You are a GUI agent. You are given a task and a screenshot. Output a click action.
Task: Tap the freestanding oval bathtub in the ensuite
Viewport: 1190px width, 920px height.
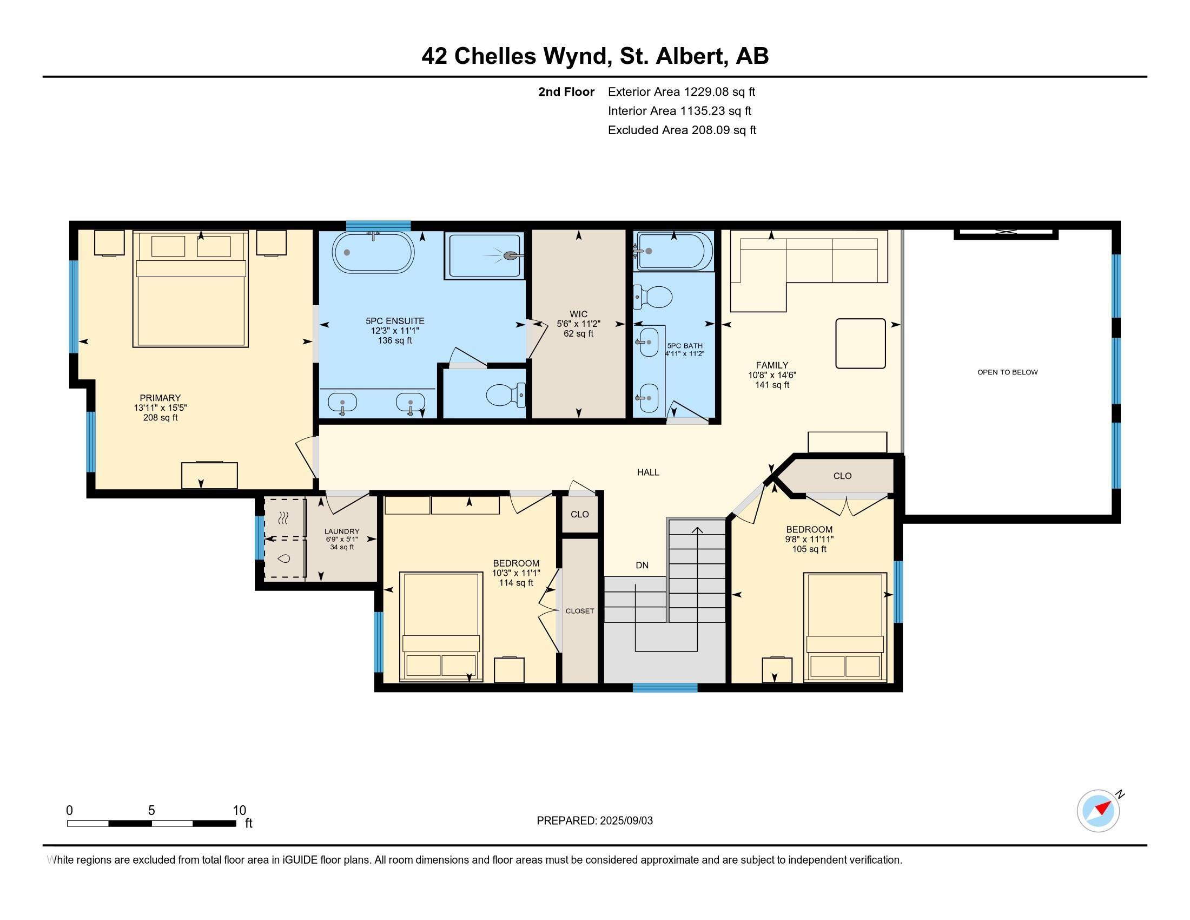pos(373,252)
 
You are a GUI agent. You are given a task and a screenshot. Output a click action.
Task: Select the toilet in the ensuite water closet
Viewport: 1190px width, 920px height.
pos(506,394)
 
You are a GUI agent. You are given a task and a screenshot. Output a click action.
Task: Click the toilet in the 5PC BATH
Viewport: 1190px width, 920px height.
pos(653,297)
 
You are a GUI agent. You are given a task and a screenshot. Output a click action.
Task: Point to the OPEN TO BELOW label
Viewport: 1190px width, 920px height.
pos(1008,372)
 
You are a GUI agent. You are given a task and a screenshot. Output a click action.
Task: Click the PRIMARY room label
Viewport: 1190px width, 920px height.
pos(160,398)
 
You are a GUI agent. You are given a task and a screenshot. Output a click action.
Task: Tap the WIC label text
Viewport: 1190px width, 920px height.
pos(579,314)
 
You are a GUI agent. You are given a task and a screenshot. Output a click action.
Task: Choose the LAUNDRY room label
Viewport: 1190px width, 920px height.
pos(342,531)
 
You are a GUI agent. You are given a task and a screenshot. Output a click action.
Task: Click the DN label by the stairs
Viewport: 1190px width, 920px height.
pos(643,565)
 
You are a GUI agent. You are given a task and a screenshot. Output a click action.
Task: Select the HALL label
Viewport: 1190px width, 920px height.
pos(649,472)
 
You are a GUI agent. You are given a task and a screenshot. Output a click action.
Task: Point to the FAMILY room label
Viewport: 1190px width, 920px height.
pos(772,365)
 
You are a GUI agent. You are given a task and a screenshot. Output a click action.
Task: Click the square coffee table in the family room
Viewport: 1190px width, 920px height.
pos(861,343)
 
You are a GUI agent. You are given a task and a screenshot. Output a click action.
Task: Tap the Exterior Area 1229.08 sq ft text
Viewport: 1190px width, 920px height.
pos(682,91)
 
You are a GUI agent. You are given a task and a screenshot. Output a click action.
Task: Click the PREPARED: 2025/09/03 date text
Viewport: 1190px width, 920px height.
pos(594,820)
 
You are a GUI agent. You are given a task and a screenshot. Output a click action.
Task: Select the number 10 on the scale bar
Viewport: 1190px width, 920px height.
pos(240,811)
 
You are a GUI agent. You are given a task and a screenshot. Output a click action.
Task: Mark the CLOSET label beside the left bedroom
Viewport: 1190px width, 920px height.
pos(580,611)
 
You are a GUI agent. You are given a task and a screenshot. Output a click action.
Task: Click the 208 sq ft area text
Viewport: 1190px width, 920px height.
pos(160,418)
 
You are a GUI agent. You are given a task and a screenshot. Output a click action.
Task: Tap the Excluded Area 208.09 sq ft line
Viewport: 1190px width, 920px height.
pos(682,130)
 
